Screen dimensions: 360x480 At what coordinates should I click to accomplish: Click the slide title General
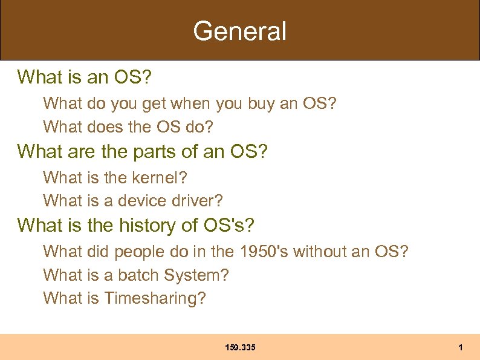click(239, 31)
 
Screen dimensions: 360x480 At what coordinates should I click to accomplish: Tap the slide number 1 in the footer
click(461, 347)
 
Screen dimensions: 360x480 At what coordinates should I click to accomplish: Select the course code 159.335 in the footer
click(240, 347)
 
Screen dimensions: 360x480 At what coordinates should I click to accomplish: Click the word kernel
click(163, 178)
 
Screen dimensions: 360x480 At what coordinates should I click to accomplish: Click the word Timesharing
click(155, 298)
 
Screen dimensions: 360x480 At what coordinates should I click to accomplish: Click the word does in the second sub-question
click(104, 127)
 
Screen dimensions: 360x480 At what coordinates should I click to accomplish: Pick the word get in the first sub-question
click(154, 105)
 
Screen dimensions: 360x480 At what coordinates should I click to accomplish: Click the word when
click(189, 104)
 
